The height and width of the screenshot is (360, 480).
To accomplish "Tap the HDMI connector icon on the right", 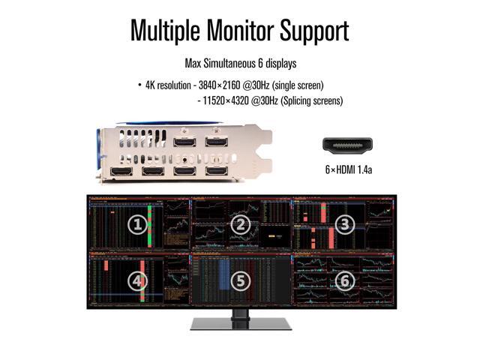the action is [x=348, y=145].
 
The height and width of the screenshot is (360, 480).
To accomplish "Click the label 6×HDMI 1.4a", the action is [x=348, y=170].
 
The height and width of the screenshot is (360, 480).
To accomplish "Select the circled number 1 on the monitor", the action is [x=136, y=224].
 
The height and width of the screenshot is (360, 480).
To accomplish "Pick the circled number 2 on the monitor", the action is [x=240, y=224].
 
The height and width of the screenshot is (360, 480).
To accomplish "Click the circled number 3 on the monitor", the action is [x=343, y=224].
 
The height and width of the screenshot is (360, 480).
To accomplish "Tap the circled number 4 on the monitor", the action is [x=136, y=281].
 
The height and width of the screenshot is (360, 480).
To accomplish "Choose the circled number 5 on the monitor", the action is [x=240, y=281].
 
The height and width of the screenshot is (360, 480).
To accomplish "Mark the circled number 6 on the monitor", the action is [x=343, y=281].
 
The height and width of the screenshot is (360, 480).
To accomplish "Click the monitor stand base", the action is [x=240, y=324].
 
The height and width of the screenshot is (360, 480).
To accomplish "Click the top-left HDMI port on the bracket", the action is [x=184, y=142].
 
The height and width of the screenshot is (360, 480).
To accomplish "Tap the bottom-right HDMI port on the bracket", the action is [x=216, y=172].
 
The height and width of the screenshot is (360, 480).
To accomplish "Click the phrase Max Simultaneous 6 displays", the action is [x=240, y=63].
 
